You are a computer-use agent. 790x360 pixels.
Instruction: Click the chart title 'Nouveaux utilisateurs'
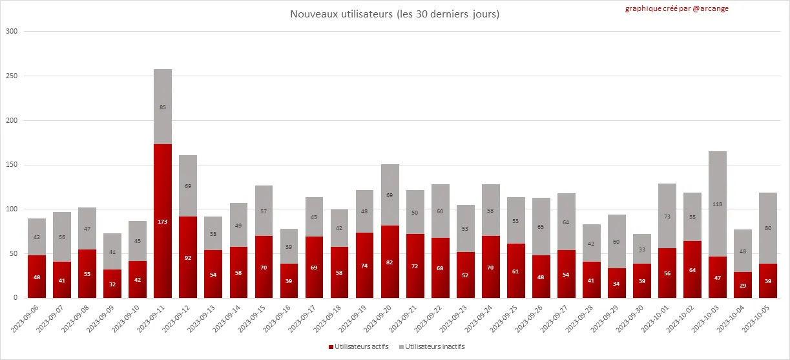pyautogui.click(x=394, y=14)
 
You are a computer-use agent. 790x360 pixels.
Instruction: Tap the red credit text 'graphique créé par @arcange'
pyautogui.click(x=676, y=8)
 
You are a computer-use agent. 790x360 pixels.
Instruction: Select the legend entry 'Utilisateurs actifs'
pyautogui.click(x=362, y=346)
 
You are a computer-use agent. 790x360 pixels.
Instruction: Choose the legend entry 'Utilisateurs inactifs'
pyautogui.click(x=432, y=346)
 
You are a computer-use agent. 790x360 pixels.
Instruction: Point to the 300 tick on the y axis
pyautogui.click(x=11, y=31)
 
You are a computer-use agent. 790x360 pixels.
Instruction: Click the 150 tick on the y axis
pyautogui.click(x=11, y=165)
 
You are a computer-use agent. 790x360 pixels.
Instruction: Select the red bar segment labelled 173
pyautogui.click(x=163, y=221)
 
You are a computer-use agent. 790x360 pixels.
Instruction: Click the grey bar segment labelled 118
pyautogui.click(x=718, y=204)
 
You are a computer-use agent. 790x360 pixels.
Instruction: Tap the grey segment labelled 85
pyautogui.click(x=163, y=107)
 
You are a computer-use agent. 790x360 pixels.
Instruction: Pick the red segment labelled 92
pyautogui.click(x=188, y=257)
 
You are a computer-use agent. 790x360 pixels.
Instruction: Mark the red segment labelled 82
pyautogui.click(x=390, y=262)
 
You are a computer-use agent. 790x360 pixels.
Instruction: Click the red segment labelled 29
pyautogui.click(x=743, y=285)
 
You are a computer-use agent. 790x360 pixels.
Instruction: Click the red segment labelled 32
pyautogui.click(x=112, y=284)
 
